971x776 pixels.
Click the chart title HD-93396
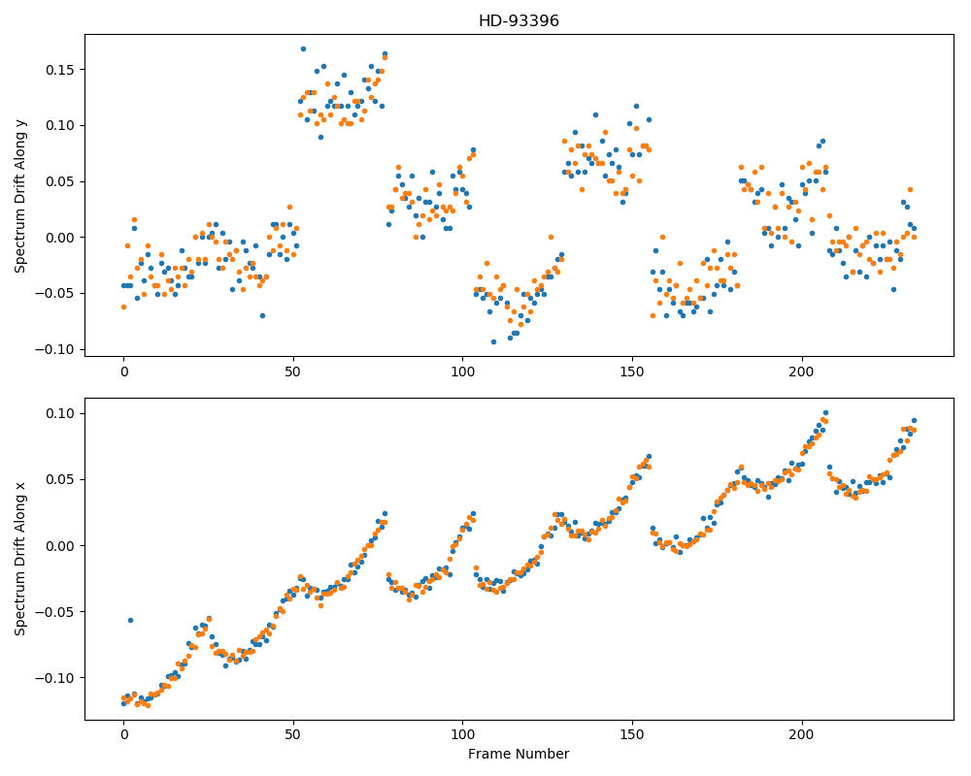click(519, 21)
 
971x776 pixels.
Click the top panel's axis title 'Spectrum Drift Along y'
click(20, 196)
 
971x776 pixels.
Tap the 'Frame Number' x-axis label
click(519, 754)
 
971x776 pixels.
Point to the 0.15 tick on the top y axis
click(60, 70)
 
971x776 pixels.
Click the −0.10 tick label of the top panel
click(55, 349)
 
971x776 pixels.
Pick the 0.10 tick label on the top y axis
click(60, 126)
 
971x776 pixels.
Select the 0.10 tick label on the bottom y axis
click(60, 413)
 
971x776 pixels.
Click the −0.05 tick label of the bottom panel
click(55, 612)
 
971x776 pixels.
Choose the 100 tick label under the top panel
click(462, 372)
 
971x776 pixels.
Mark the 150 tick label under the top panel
click(632, 372)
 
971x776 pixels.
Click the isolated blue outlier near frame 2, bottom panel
click(131, 620)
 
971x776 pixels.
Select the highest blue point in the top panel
click(303, 48)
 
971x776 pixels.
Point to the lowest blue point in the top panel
click(493, 342)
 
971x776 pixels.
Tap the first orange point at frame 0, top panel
click(124, 307)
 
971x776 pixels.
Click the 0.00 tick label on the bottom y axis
click(60, 546)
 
